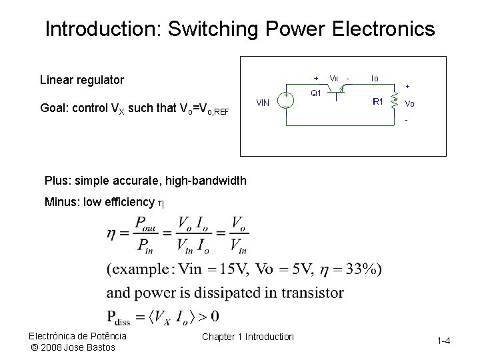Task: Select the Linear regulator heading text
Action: [82, 80]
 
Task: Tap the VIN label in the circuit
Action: [263, 103]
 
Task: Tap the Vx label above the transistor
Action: [334, 78]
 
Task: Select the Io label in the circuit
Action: [375, 78]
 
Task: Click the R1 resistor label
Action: [377, 102]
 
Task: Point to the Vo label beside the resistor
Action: [409, 104]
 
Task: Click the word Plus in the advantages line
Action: [55, 181]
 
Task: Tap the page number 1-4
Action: [444, 341]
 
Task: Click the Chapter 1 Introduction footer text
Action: [247, 337]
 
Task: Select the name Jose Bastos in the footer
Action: [89, 347]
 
